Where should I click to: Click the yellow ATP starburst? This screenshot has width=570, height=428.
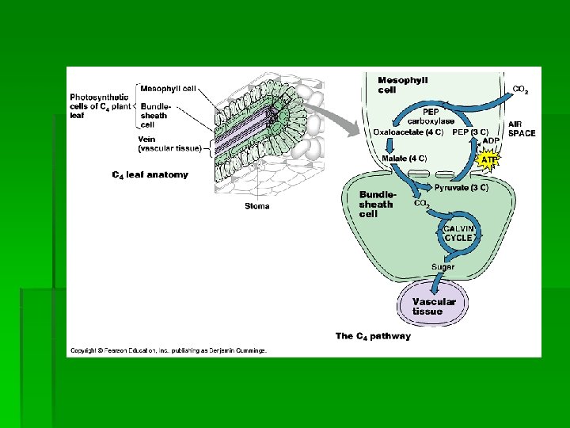coord(489,159)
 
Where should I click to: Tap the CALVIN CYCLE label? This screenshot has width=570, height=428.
coord(459,232)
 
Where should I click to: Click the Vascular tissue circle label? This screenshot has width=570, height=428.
coord(434,306)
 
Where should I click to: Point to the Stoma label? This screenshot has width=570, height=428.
coord(256,206)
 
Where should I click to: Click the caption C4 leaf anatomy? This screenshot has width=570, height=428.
coord(150,174)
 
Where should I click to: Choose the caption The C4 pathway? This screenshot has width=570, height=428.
coord(373,336)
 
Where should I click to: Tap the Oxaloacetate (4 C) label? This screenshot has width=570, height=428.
coord(401,132)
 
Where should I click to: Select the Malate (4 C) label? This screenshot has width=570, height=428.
coord(405,159)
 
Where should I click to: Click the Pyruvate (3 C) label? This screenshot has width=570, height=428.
coord(462,188)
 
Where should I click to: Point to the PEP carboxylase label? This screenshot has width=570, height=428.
coord(431,117)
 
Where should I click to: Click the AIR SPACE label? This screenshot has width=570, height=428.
coord(522,128)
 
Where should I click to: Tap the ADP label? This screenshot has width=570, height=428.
coord(492,140)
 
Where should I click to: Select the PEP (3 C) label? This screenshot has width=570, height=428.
coord(469,132)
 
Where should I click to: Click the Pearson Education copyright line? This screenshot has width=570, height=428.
coord(169,350)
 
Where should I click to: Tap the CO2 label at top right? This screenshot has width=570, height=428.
coord(521,90)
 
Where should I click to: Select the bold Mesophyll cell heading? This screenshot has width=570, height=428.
coord(403,84)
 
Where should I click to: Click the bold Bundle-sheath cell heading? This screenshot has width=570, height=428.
coord(376,204)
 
